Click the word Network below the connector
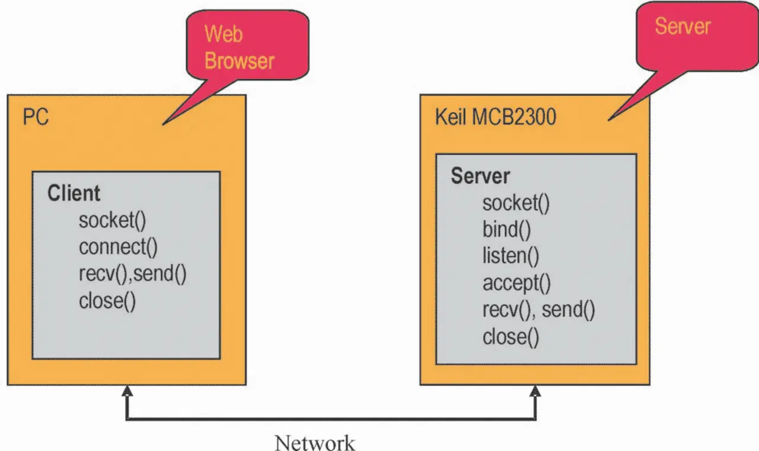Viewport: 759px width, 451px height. click(x=315, y=442)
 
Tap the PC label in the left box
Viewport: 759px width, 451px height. click(x=36, y=117)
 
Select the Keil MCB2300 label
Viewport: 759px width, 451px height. click(x=496, y=117)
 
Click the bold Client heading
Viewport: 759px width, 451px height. click(x=74, y=193)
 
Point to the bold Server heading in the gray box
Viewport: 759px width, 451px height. click(x=480, y=176)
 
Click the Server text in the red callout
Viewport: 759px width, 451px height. click(x=683, y=26)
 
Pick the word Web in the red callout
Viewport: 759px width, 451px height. click(x=224, y=34)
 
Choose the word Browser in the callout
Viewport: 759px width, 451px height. click(x=240, y=61)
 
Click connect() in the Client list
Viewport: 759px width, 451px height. click(x=118, y=247)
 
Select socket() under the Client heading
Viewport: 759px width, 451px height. click(x=112, y=220)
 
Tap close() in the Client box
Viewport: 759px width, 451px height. click(x=107, y=301)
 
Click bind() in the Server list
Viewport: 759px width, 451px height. click(x=506, y=230)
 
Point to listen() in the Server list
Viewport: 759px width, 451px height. click(x=511, y=256)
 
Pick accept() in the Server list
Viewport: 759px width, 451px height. click(x=516, y=283)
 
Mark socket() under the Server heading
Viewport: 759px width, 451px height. click(x=516, y=203)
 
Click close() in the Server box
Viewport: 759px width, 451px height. click(x=511, y=336)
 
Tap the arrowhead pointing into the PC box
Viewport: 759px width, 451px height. click(x=126, y=391)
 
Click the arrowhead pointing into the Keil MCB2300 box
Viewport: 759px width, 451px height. click(x=535, y=391)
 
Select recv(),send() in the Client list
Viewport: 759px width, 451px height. click(x=133, y=274)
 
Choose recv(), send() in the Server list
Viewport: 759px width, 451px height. click(x=538, y=310)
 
